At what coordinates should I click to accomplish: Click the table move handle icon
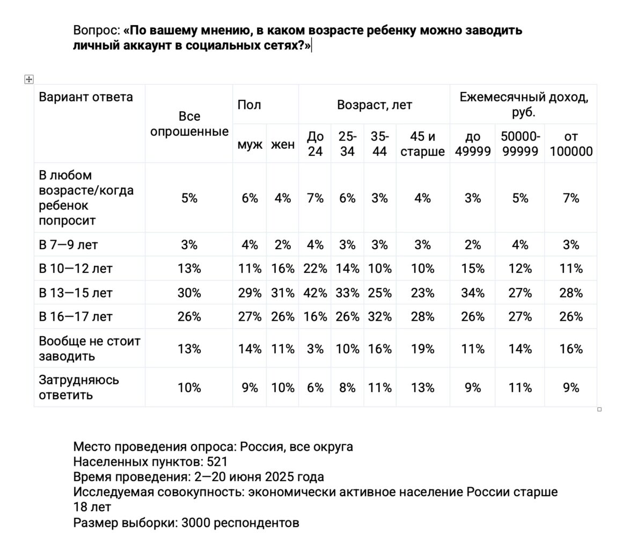coord(29,79)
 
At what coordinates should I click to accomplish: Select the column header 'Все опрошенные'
coord(189,124)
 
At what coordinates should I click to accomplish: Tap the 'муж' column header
coord(250,144)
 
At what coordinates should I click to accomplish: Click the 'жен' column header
coord(283,144)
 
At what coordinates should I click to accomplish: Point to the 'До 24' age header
coord(315,144)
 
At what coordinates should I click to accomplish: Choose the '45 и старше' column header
coord(423,144)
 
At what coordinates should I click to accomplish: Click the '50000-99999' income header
coord(519,144)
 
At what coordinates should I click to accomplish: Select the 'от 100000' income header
coord(571,144)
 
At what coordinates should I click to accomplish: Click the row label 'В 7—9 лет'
coord(68,245)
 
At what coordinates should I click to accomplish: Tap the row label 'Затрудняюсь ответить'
coord(79,387)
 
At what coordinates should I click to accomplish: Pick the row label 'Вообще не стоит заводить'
coord(89,349)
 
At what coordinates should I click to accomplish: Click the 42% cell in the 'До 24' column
coord(315,293)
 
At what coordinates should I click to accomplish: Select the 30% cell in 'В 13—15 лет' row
coord(189,293)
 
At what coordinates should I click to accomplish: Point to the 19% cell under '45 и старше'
coord(423,349)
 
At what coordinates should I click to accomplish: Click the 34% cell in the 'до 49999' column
coord(473,293)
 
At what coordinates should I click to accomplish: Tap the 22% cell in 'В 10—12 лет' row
coord(315,269)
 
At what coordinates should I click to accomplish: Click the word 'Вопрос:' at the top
coord(96,30)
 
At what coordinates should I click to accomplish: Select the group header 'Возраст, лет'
coord(375,105)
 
